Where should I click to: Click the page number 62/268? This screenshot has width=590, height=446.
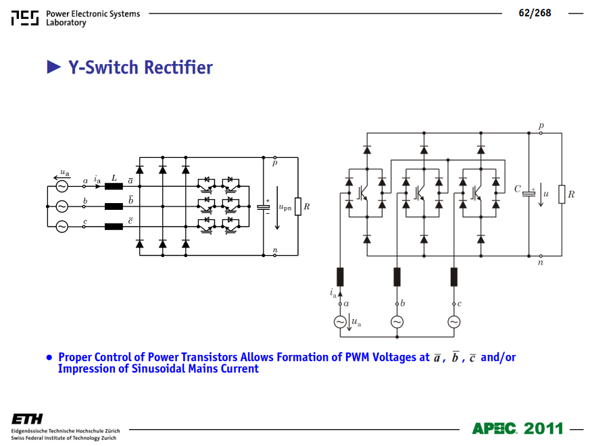click(x=535, y=13)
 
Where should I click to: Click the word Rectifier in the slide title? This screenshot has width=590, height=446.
click(x=178, y=67)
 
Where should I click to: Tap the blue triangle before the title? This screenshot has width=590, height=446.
click(x=54, y=67)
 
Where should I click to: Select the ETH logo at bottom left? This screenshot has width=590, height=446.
click(x=27, y=419)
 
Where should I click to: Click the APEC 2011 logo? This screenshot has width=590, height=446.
click(x=518, y=428)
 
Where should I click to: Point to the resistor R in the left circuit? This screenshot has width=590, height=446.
click(x=298, y=206)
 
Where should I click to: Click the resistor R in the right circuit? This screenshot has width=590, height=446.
click(x=562, y=194)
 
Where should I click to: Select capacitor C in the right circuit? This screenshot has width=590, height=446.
click(x=528, y=194)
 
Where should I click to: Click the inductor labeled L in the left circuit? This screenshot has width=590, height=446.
click(x=114, y=186)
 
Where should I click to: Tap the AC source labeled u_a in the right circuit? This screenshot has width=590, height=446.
click(x=340, y=322)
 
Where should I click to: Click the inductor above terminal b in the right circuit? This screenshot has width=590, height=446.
click(x=397, y=277)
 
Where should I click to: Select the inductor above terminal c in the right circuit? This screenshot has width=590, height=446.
click(x=454, y=277)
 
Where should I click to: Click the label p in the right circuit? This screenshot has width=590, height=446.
click(x=541, y=126)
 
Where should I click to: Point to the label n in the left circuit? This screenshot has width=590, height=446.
click(x=275, y=250)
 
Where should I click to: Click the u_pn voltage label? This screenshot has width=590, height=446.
click(x=285, y=207)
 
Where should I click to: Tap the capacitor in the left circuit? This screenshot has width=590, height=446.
click(x=264, y=207)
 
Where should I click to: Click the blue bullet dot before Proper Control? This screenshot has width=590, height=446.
click(x=49, y=358)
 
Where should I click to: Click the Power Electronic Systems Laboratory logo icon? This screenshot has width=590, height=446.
click(x=25, y=18)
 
